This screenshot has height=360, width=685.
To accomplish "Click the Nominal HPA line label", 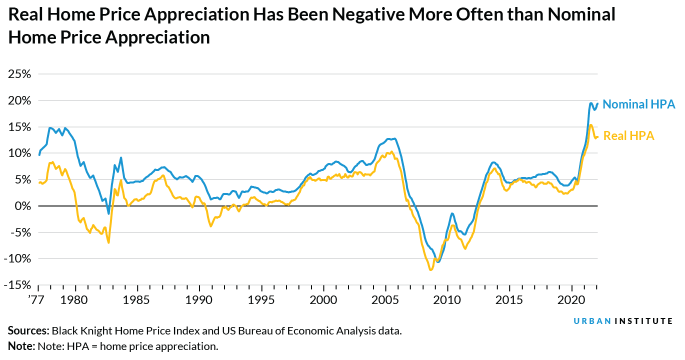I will [x=638, y=104].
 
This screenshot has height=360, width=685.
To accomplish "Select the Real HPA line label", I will [x=628, y=135].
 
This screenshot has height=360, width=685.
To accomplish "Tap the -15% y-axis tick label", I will [x=18, y=285].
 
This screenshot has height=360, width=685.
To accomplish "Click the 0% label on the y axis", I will [x=23, y=206].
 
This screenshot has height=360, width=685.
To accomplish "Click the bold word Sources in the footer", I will [x=28, y=331].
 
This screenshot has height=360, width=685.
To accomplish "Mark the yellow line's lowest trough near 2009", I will [x=430, y=270].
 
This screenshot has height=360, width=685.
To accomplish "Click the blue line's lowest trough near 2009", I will [x=438, y=261].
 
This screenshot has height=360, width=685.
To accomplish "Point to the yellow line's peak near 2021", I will [x=590, y=125].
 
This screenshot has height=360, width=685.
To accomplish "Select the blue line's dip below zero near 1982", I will [x=108, y=213].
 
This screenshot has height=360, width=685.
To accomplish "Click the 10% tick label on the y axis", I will [x=20, y=153].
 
